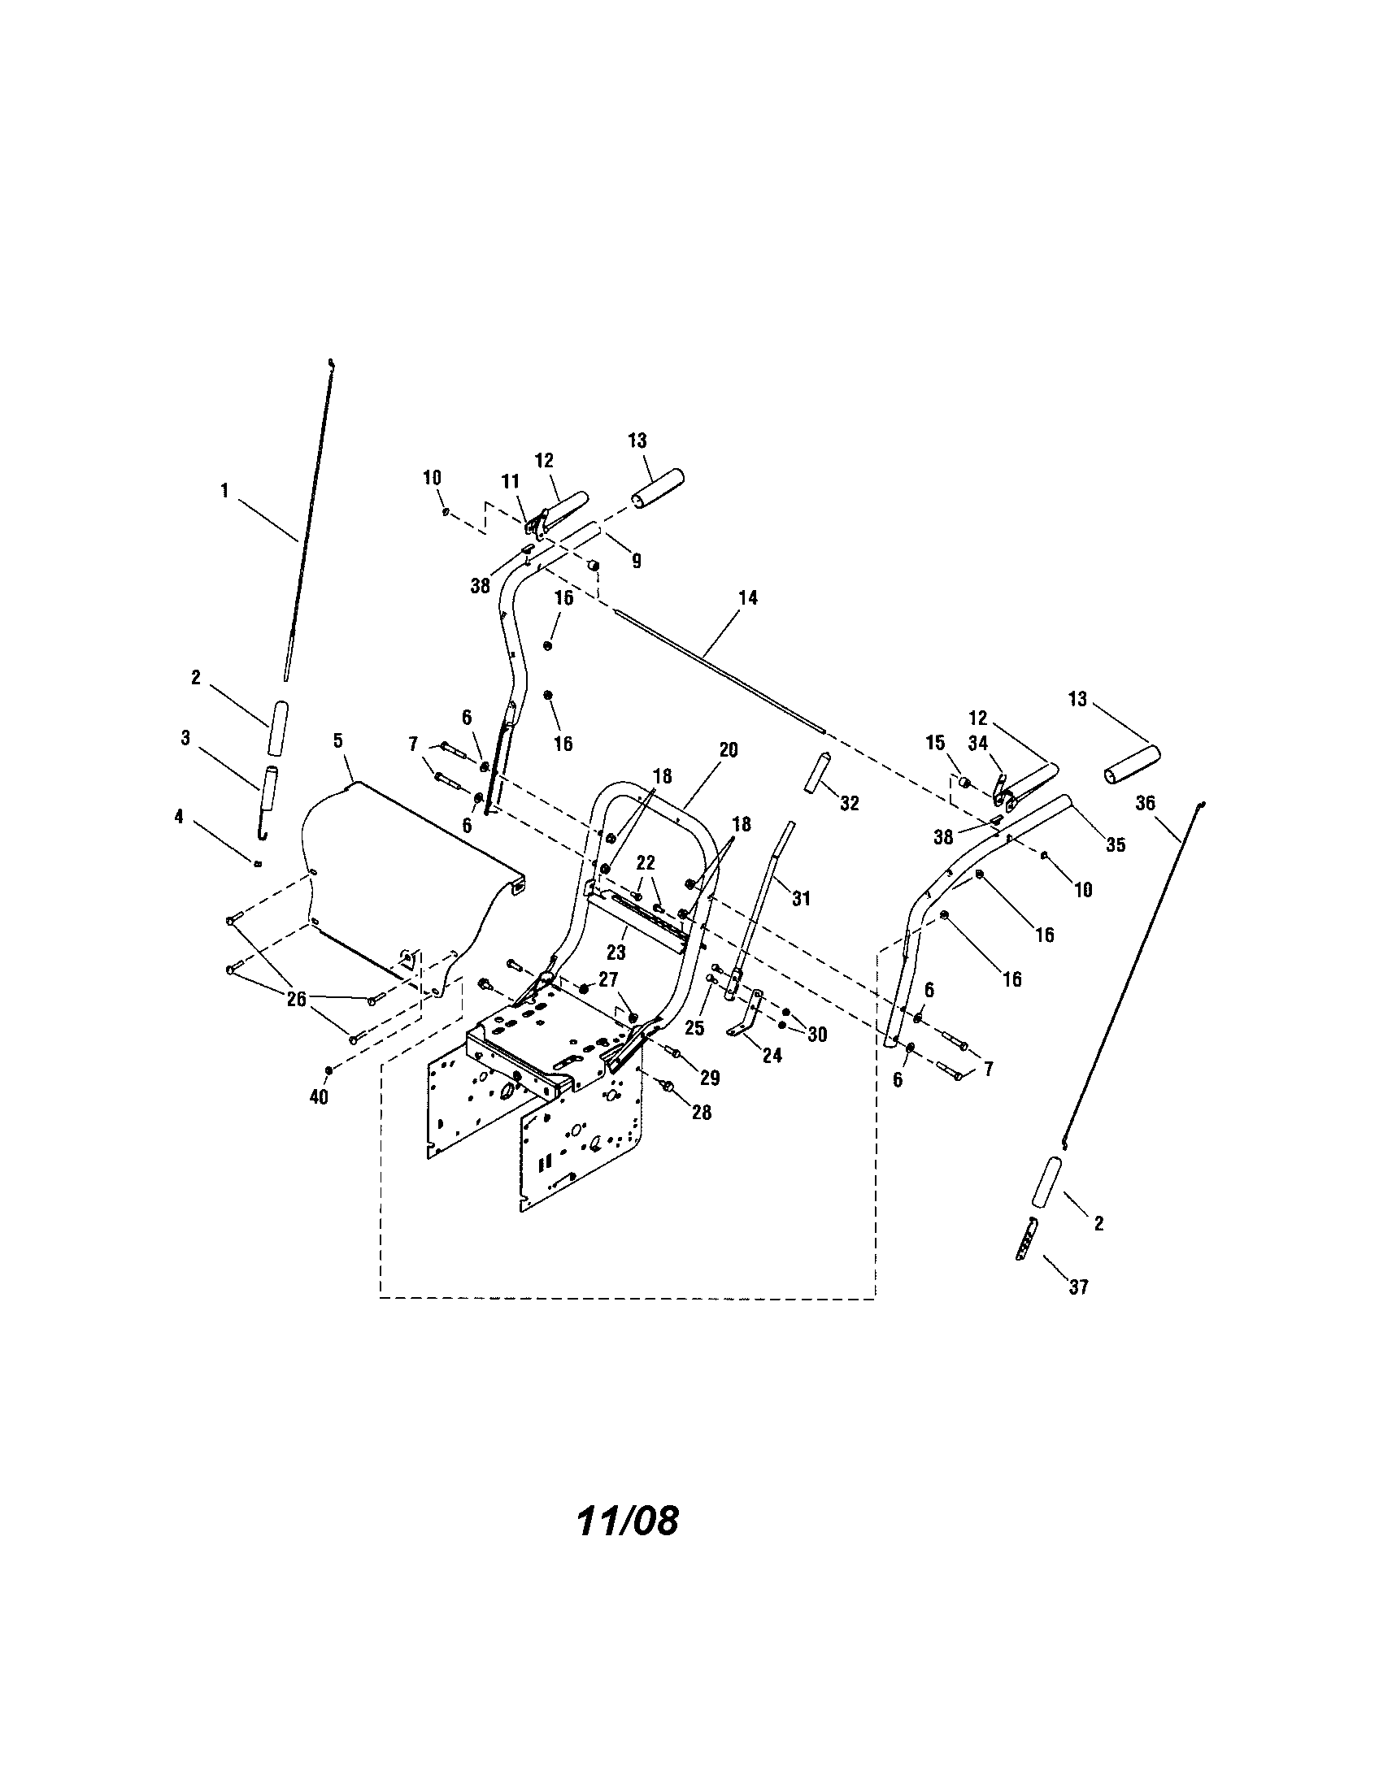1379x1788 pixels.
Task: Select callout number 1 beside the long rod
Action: [224, 491]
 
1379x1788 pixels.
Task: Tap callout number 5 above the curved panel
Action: [337, 741]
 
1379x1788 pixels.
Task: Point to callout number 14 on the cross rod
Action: [748, 598]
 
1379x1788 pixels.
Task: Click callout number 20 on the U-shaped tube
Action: [728, 750]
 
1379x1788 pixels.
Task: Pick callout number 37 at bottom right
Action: [1079, 1287]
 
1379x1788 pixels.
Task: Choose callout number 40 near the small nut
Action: [319, 1097]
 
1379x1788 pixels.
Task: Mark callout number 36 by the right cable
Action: [1145, 803]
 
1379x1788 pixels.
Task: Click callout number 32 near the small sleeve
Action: [850, 803]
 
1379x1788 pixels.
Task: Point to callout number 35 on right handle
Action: [1116, 845]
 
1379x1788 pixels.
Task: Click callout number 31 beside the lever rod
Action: [801, 898]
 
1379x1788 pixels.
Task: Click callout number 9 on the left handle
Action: [637, 561]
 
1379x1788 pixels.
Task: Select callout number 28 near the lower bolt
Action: [702, 1113]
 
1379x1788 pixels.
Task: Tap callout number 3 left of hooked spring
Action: [186, 738]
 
